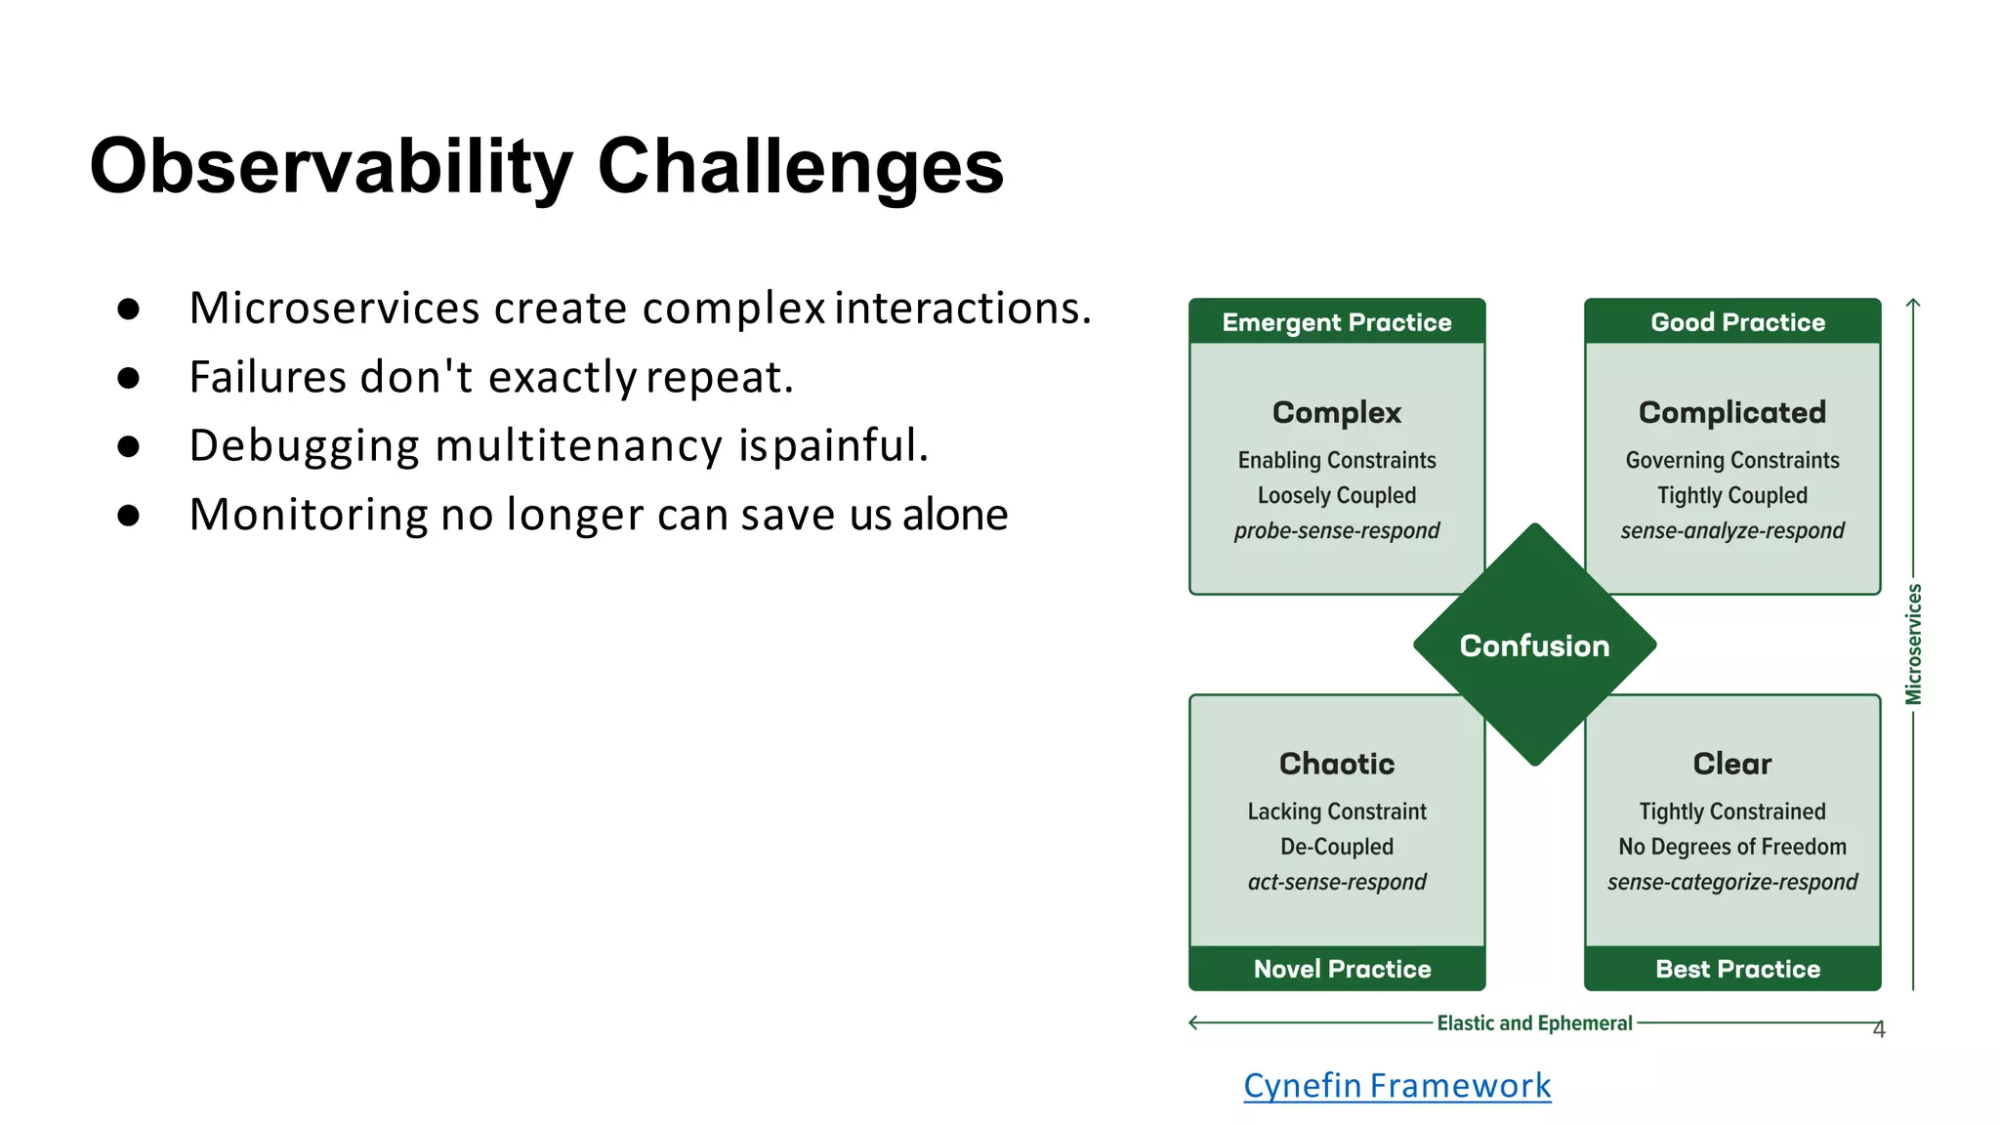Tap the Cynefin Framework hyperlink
1396,1085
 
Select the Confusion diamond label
1534,646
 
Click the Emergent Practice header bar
1336,322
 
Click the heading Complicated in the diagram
1731,412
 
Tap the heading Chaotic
1336,764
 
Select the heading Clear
1731,764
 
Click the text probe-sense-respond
1336,531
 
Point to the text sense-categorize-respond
1731,883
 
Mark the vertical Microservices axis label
1913,645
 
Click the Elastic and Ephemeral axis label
1534,1023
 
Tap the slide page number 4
1879,1029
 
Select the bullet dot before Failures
128,378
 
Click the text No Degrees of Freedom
1731,847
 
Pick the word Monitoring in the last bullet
307,515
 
